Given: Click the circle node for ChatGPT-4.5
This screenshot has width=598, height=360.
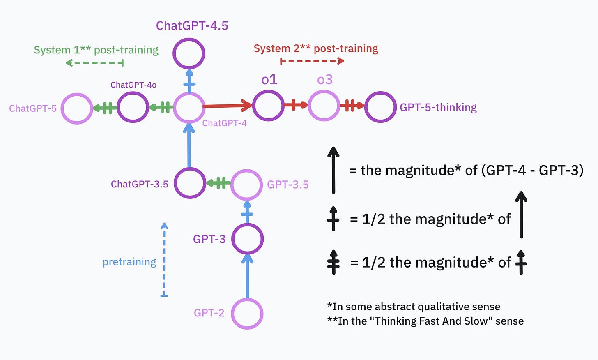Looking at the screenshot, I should pyautogui.click(x=189, y=53).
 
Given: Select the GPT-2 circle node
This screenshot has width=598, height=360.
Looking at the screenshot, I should pyautogui.click(x=247, y=314).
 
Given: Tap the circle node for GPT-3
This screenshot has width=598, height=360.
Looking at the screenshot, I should pyautogui.click(x=247, y=239).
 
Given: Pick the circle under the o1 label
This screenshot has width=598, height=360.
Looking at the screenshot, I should pyautogui.click(x=268, y=106).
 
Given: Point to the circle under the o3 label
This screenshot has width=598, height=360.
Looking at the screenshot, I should pyautogui.click(x=324, y=106).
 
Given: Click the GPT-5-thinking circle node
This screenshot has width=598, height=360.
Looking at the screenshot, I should pyautogui.click(x=380, y=107).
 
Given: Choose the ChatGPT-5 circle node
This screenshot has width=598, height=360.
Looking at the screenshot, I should pyautogui.click(x=77, y=108).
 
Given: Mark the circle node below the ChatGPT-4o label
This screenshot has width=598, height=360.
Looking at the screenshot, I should pyautogui.click(x=133, y=107).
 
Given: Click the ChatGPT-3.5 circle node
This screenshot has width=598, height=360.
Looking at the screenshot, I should pyautogui.click(x=189, y=183).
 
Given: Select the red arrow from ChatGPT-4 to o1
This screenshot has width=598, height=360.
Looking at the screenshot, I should pyautogui.click(x=227, y=106).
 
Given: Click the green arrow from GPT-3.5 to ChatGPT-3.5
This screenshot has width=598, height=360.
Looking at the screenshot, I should pyautogui.click(x=218, y=183).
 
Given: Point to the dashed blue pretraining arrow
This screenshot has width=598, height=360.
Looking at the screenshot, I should pyautogui.click(x=164, y=259).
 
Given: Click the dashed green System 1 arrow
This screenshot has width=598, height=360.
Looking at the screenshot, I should pyautogui.click(x=94, y=63).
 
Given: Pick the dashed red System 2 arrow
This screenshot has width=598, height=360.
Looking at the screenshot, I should pyautogui.click(x=312, y=61).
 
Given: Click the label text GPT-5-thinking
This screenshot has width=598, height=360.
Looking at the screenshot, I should pyautogui.click(x=438, y=107).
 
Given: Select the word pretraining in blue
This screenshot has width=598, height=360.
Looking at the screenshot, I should pyautogui.click(x=129, y=262).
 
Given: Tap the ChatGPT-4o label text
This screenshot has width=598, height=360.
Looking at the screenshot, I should pyautogui.click(x=133, y=85).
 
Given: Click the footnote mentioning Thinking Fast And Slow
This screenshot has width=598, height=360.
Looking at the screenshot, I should pyautogui.click(x=425, y=321).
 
